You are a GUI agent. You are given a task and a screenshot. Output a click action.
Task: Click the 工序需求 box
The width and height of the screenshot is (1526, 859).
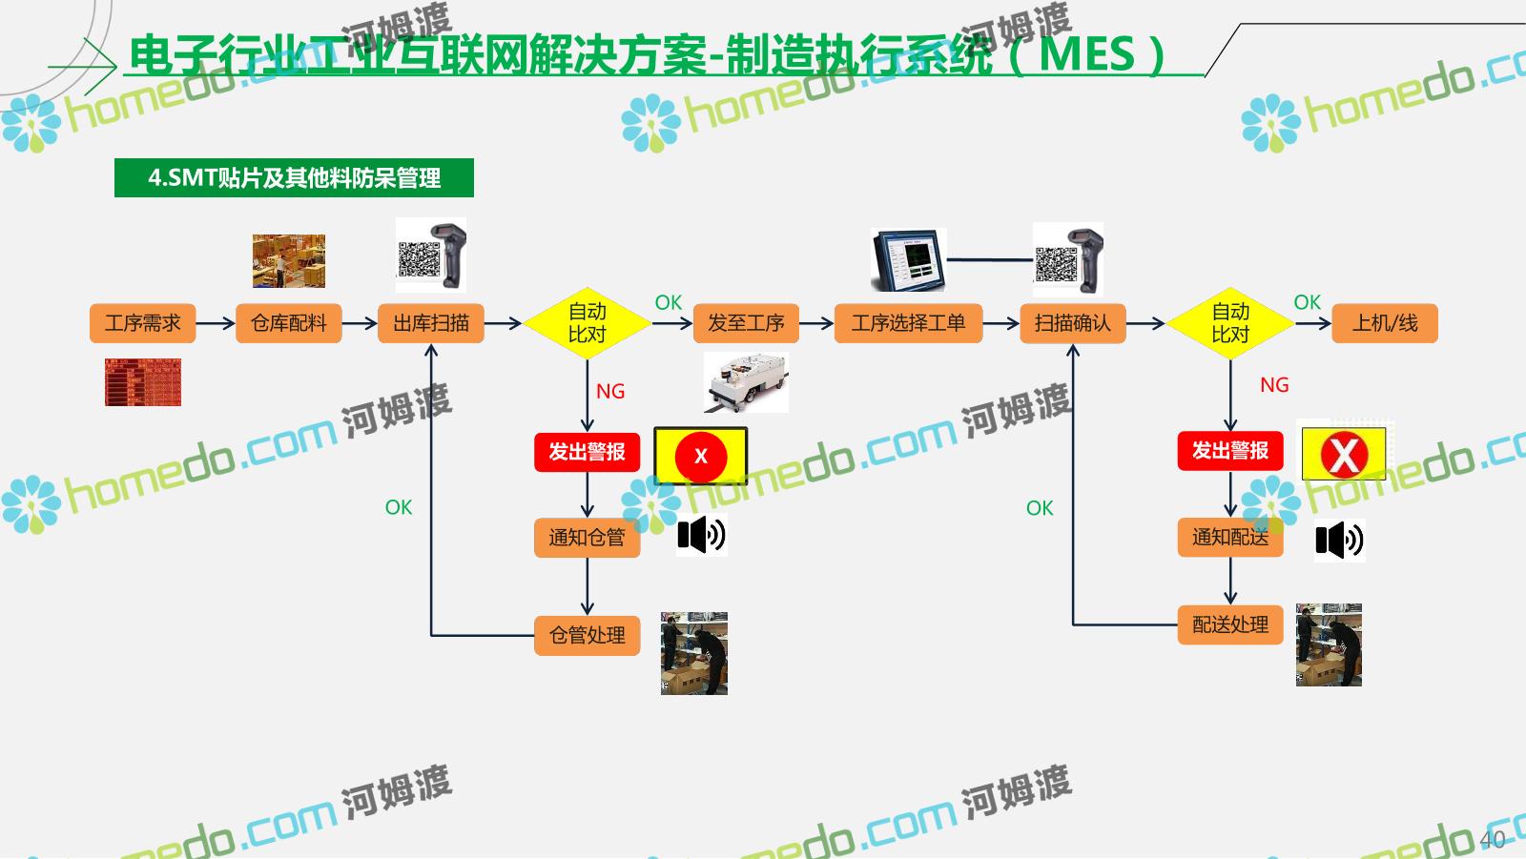142,323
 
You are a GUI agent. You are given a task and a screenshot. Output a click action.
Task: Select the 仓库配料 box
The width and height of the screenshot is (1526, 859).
288,323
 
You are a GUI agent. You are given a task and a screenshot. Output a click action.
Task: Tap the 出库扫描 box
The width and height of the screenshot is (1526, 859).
431,323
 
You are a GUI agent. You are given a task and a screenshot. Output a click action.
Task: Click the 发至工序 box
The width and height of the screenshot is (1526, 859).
746,323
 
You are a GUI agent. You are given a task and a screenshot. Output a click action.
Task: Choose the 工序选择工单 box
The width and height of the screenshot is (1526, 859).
908,323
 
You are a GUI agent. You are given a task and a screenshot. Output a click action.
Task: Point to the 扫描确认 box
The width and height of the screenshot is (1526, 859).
1072,323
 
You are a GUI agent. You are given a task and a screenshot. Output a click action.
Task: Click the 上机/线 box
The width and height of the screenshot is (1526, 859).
1384,323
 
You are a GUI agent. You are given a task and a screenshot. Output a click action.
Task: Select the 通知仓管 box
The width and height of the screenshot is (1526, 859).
587,538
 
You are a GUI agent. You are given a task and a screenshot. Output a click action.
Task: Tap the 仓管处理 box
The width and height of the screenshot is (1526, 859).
587,635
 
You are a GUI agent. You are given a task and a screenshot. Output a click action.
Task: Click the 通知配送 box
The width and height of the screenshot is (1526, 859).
1229,538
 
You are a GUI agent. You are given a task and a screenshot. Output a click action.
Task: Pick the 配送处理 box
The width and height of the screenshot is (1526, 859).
1229,624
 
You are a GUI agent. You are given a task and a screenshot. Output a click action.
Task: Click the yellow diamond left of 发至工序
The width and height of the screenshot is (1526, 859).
587,323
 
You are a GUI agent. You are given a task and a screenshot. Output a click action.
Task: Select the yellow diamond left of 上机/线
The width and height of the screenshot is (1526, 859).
1229,323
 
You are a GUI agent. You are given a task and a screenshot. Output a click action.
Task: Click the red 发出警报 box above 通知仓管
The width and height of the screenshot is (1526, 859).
587,452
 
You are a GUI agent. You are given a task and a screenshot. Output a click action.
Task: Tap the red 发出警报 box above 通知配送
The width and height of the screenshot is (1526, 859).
1229,451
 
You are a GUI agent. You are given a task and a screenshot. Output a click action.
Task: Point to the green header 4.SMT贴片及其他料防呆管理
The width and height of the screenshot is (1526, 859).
294,178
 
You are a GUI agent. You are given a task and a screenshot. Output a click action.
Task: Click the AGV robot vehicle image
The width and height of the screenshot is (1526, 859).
746,382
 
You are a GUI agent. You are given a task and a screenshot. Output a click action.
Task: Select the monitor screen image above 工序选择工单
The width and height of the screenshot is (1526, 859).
908,260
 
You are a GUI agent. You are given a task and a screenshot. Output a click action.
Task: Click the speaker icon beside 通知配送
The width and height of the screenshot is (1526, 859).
1339,541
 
